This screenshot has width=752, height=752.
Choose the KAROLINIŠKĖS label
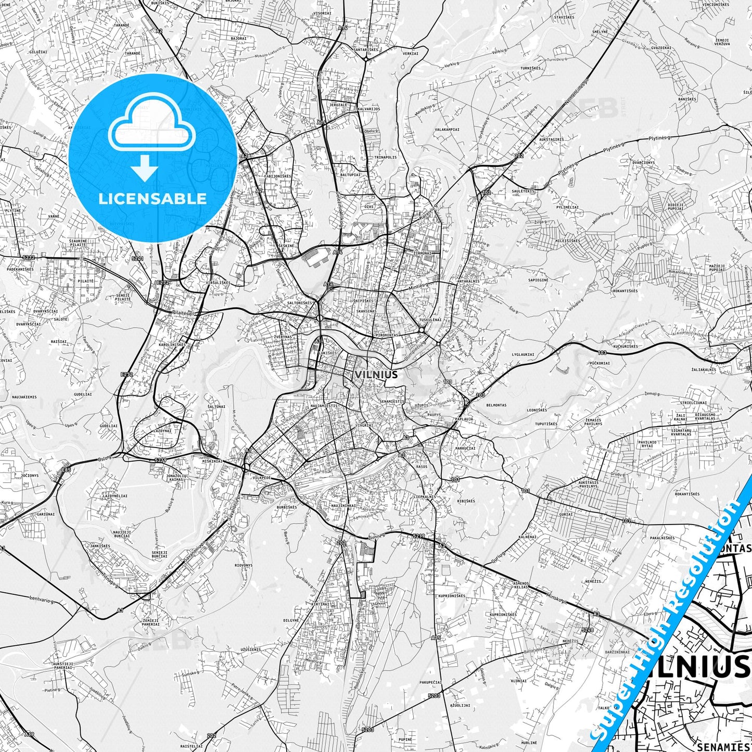tap(172, 345)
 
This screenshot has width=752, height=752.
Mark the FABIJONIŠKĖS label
tap(278, 176)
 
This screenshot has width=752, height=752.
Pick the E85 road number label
tap(66, 469)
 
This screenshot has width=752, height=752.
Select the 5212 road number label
tap(29, 257)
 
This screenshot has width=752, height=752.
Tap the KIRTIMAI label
tap(320, 604)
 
